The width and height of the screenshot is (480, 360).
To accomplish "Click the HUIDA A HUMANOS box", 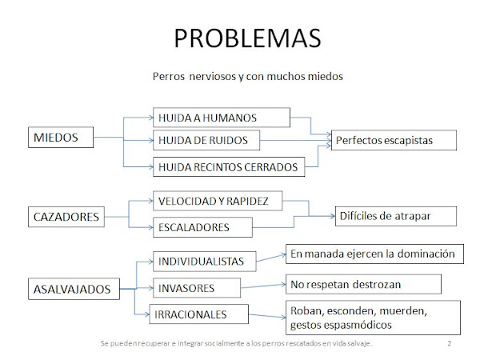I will pyautogui.click(x=219, y=117).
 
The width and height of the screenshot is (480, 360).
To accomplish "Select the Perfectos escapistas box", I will pyautogui.click(x=392, y=139).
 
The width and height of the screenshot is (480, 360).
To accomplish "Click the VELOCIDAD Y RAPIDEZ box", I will pyautogui.click(x=217, y=201).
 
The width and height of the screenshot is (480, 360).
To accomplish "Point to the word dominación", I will pyautogui.click(x=425, y=254).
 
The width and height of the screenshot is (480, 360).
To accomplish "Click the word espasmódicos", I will pyautogui.click(x=362, y=326).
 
